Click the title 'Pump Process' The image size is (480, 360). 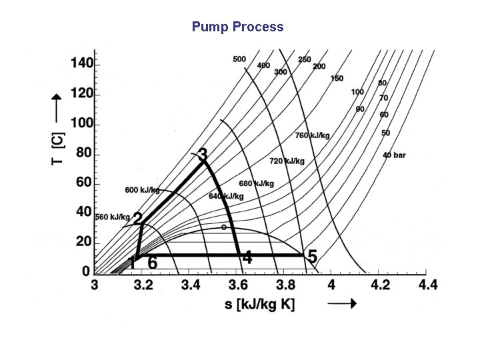coord(237,27)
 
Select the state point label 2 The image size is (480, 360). coord(137,219)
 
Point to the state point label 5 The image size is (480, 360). coord(311,257)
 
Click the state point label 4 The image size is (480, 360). coord(247,258)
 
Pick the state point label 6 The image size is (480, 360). coord(152,263)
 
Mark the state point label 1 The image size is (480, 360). coord(132,263)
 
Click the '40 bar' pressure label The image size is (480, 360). coord(394,155)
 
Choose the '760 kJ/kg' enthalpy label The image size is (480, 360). coord(312,135)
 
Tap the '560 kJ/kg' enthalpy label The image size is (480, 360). coord(112,217)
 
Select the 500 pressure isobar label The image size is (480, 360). coord(239,59)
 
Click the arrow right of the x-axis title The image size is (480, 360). coord(343,303)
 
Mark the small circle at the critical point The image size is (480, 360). coord(224,227)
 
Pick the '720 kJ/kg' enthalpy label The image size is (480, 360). coord(287,161)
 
